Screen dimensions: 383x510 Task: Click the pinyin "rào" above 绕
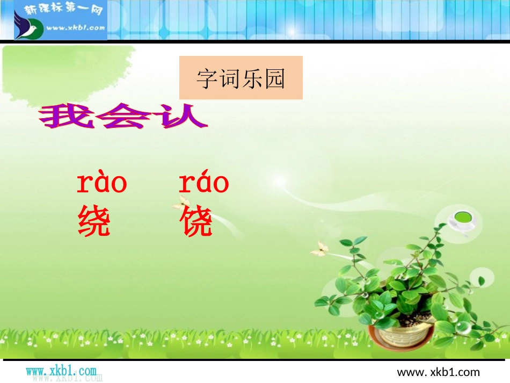click(x=102, y=184)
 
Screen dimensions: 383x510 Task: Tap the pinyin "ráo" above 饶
click(x=203, y=184)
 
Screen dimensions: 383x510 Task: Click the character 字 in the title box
click(x=207, y=78)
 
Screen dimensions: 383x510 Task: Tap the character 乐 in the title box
click(x=252, y=78)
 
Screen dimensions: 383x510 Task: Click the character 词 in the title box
click(x=229, y=78)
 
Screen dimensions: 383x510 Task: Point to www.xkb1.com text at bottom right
click(x=438, y=372)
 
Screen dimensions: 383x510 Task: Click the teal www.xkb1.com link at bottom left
click(x=61, y=371)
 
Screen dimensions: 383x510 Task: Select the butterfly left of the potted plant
click(x=320, y=249)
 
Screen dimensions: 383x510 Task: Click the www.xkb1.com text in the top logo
click(x=75, y=28)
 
